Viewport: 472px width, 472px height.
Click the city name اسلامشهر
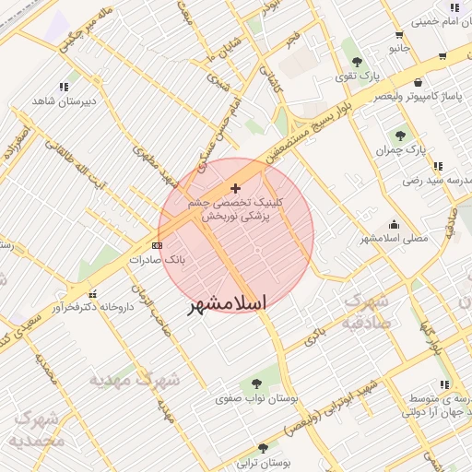tap(227, 304)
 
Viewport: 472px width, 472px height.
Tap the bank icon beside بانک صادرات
tap(157, 245)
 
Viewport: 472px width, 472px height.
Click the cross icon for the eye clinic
tap(235, 188)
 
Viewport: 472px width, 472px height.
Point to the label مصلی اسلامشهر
tap(394, 238)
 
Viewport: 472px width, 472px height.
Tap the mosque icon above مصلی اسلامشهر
tap(395, 223)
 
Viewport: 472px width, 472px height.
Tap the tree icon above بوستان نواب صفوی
tap(255, 383)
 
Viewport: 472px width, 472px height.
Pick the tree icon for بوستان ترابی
tap(263, 448)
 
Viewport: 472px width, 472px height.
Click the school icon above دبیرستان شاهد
tap(64, 88)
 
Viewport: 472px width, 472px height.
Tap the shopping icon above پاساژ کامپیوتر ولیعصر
tap(419, 82)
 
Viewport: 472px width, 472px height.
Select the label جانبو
tap(398, 46)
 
